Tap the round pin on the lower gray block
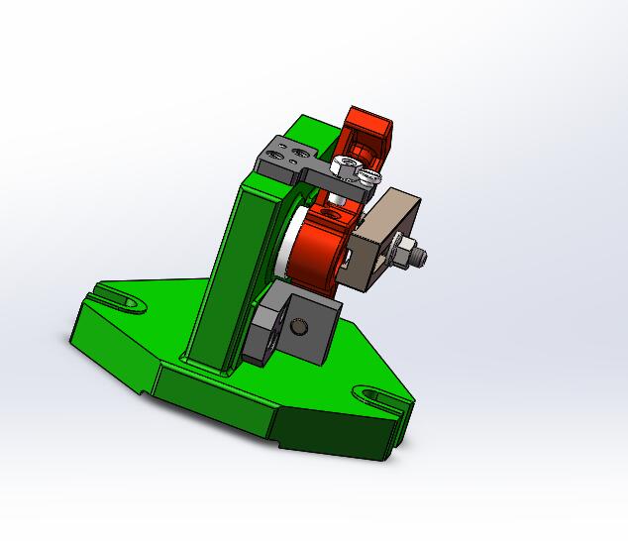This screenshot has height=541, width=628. point(301,327)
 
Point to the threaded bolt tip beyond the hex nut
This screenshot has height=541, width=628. point(422,257)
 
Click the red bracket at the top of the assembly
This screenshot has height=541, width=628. point(366,134)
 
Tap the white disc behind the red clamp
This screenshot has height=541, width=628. point(283,253)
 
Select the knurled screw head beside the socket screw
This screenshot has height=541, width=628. point(368,178)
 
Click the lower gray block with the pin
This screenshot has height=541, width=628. point(287,332)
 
